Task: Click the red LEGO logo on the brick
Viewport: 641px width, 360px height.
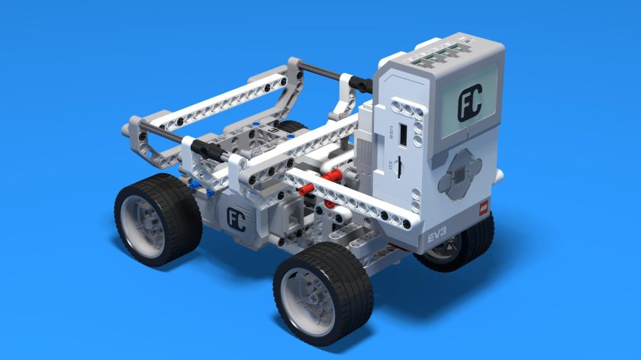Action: point(482,207)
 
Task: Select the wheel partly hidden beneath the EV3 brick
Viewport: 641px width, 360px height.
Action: point(462,244)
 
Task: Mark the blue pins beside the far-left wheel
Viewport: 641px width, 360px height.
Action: point(196,185)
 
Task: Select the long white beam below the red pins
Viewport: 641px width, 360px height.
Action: point(351,202)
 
